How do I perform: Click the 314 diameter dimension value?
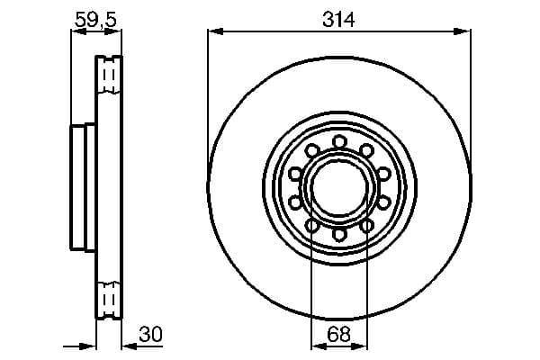338,18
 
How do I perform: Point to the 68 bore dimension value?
338,335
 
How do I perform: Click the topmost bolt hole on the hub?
338,141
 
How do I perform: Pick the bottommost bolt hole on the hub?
338,234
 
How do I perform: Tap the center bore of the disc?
338,187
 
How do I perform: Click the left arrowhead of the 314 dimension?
213,32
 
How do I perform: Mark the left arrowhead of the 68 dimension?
315,346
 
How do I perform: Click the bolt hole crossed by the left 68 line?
310,225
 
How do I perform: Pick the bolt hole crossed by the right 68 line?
367,225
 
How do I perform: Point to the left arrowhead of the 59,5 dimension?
76,32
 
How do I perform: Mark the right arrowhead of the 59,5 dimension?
117,32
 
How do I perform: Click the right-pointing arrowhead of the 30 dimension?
91,346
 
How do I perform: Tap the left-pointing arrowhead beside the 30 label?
127,346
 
